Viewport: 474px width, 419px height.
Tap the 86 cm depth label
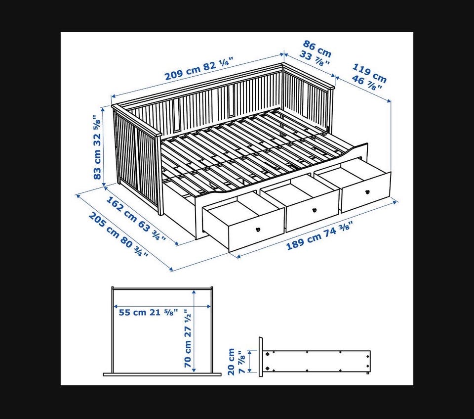click(317, 49)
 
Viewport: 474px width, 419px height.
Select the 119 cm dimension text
click(370, 73)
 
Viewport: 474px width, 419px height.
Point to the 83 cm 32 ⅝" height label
click(97, 147)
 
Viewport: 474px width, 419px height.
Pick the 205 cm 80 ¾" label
click(118, 234)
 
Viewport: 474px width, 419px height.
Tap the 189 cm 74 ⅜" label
click(319, 235)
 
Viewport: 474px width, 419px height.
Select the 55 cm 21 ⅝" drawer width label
click(148, 312)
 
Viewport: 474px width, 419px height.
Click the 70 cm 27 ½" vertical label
click(188, 338)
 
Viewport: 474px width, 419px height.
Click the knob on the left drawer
click(258, 230)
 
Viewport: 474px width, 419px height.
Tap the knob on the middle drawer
click(314, 210)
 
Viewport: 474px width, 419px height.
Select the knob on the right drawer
click(367, 191)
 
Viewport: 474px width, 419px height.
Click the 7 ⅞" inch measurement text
click(241, 362)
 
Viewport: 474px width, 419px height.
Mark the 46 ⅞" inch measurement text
click(366, 83)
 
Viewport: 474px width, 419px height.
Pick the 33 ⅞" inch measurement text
click(314, 58)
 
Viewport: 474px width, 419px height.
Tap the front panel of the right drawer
click(366, 192)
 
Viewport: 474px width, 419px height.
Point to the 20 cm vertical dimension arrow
click(250, 362)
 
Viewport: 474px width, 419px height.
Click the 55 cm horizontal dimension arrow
click(162, 307)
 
